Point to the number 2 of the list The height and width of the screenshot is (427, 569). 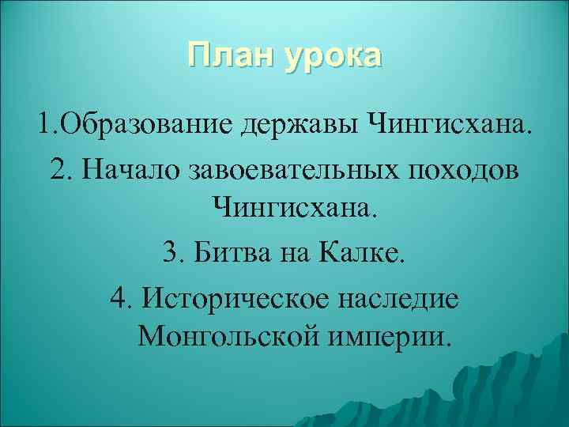56,171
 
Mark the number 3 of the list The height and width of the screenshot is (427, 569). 169,255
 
